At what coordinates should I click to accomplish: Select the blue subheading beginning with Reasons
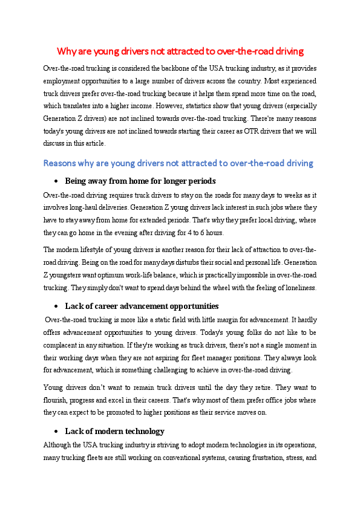click(178, 163)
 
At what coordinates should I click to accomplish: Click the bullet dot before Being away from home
click(56, 181)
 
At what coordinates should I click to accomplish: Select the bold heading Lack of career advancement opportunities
click(142, 306)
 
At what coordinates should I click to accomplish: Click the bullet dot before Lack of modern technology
click(56, 431)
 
